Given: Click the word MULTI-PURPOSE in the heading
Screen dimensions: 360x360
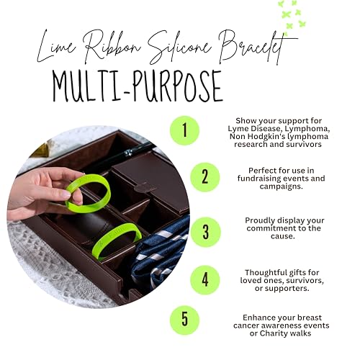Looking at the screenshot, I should (137, 86).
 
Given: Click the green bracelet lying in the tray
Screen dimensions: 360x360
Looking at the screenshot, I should (115, 240).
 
